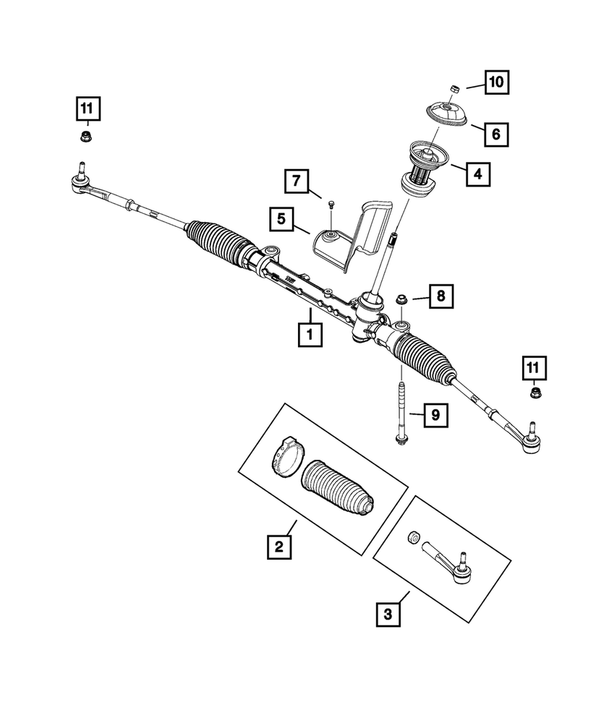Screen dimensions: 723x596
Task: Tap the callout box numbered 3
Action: tap(388, 615)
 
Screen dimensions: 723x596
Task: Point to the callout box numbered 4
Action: tap(476, 174)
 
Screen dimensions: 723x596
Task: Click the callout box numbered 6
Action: tap(496, 133)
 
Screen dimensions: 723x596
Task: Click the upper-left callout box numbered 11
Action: tap(87, 109)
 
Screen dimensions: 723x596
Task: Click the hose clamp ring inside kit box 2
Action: tap(285, 457)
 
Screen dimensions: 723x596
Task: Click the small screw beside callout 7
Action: tap(330, 205)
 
